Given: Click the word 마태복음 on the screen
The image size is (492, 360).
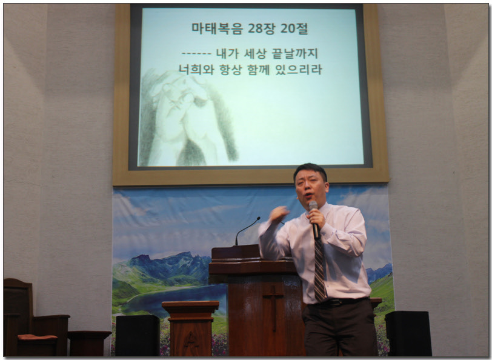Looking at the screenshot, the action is (x=217, y=28).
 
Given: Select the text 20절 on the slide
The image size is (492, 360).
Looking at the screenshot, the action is (x=294, y=28).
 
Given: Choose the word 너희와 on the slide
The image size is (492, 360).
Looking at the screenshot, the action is (x=196, y=69).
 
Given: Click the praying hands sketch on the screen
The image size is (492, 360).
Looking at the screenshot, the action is (x=188, y=119).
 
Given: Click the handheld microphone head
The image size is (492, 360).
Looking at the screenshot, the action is (x=313, y=206).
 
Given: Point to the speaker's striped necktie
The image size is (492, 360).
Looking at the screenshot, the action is (x=319, y=270).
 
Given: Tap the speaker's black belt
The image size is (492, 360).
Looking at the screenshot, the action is (x=342, y=302).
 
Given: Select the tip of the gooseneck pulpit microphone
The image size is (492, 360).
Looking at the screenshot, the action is (x=259, y=218).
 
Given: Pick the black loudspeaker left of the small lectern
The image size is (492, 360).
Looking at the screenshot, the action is (x=138, y=335).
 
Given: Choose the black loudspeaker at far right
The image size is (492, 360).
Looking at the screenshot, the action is (x=408, y=333).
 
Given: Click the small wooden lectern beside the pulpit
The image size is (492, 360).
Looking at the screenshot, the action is (x=190, y=328).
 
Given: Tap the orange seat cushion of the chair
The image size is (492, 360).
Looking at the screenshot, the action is (x=37, y=337).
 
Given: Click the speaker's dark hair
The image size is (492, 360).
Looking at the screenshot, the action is (x=310, y=170).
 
